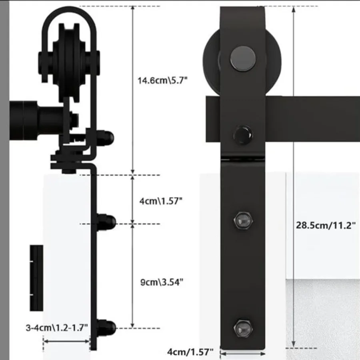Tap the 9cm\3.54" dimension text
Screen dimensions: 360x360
162,282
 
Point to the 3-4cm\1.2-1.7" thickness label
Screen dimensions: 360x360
57,328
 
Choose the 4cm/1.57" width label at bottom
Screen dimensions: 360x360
190,352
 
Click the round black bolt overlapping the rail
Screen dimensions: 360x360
243,132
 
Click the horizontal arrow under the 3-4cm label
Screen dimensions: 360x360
66,341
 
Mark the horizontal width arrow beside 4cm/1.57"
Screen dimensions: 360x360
243,353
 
